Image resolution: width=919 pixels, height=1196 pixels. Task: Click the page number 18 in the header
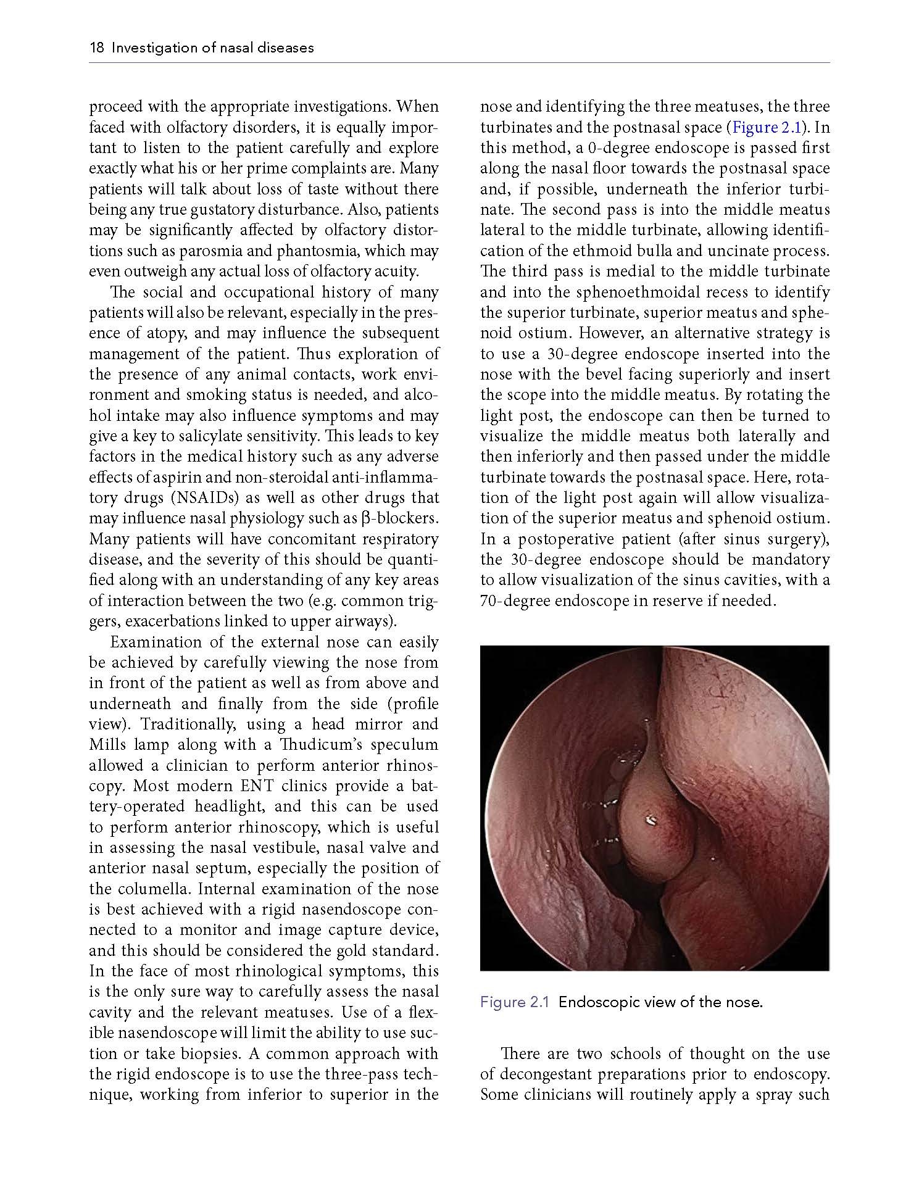[96, 48]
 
